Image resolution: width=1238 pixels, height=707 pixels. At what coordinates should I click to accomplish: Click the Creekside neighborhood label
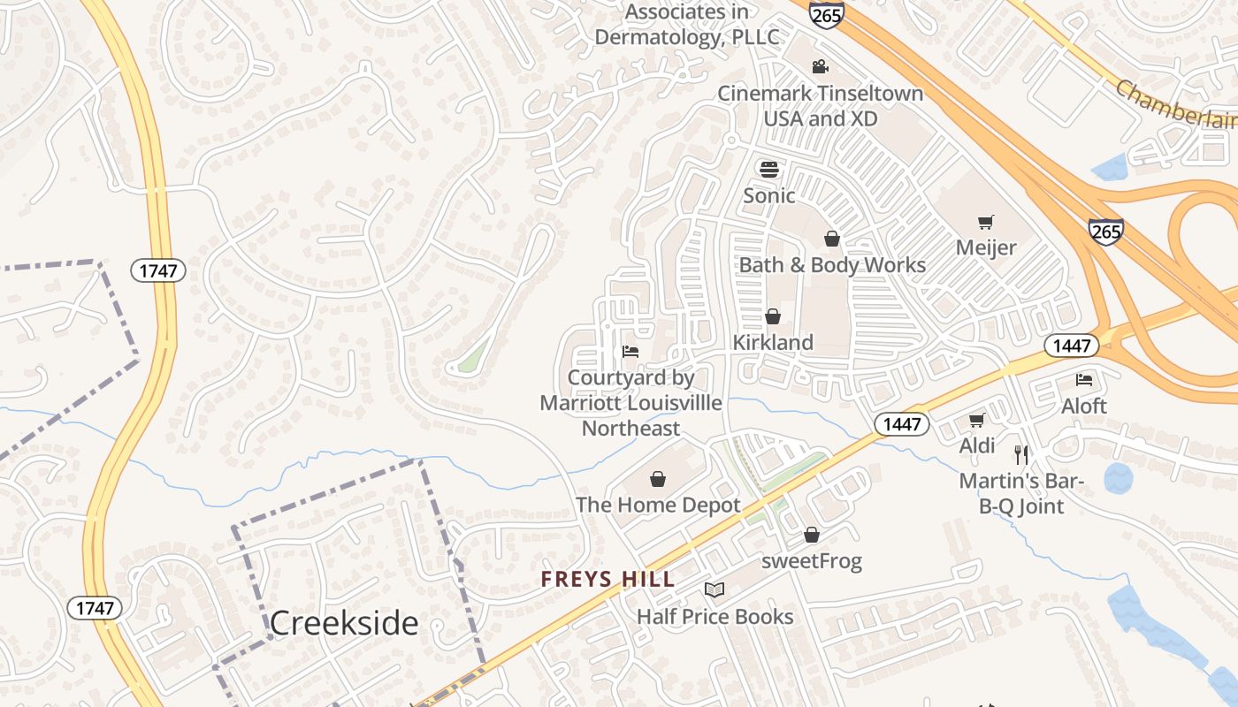pyautogui.click(x=343, y=623)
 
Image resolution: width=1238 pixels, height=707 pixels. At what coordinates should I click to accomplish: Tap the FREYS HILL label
pyautogui.click(x=608, y=580)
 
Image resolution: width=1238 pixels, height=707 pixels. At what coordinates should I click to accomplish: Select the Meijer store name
pyautogui.click(x=986, y=247)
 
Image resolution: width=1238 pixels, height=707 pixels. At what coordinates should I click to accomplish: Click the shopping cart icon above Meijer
pyautogui.click(x=985, y=222)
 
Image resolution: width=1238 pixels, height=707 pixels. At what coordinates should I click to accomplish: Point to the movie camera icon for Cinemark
pyautogui.click(x=820, y=66)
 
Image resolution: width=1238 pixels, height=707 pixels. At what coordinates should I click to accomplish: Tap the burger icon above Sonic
pyautogui.click(x=769, y=169)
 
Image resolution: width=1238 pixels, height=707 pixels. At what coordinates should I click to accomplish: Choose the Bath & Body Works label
pyautogui.click(x=832, y=265)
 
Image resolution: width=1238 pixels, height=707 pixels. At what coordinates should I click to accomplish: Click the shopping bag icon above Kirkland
pyautogui.click(x=773, y=316)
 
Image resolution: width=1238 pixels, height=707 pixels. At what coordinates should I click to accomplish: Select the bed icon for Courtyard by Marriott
pyautogui.click(x=630, y=352)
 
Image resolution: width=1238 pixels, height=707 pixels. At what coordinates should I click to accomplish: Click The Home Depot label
pyautogui.click(x=658, y=506)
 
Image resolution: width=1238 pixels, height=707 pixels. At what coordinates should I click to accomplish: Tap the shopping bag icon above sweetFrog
pyautogui.click(x=812, y=535)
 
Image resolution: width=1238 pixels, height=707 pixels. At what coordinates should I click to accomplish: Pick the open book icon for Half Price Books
pyautogui.click(x=715, y=589)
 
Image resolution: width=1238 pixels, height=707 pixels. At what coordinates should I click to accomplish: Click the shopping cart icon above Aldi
pyautogui.click(x=976, y=420)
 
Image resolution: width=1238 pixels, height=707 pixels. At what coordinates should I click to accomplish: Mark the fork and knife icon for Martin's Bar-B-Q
pyautogui.click(x=1021, y=455)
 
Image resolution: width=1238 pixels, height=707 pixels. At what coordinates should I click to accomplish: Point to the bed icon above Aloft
pyautogui.click(x=1084, y=380)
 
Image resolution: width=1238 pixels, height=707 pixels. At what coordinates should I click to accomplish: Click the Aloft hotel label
pyautogui.click(x=1084, y=407)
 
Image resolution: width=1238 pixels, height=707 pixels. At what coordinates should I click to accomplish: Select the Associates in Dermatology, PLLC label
pyautogui.click(x=687, y=25)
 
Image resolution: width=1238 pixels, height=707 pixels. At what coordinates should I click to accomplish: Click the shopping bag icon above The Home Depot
pyautogui.click(x=658, y=479)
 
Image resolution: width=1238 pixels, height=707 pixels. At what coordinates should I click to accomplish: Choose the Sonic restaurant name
pyautogui.click(x=769, y=195)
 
